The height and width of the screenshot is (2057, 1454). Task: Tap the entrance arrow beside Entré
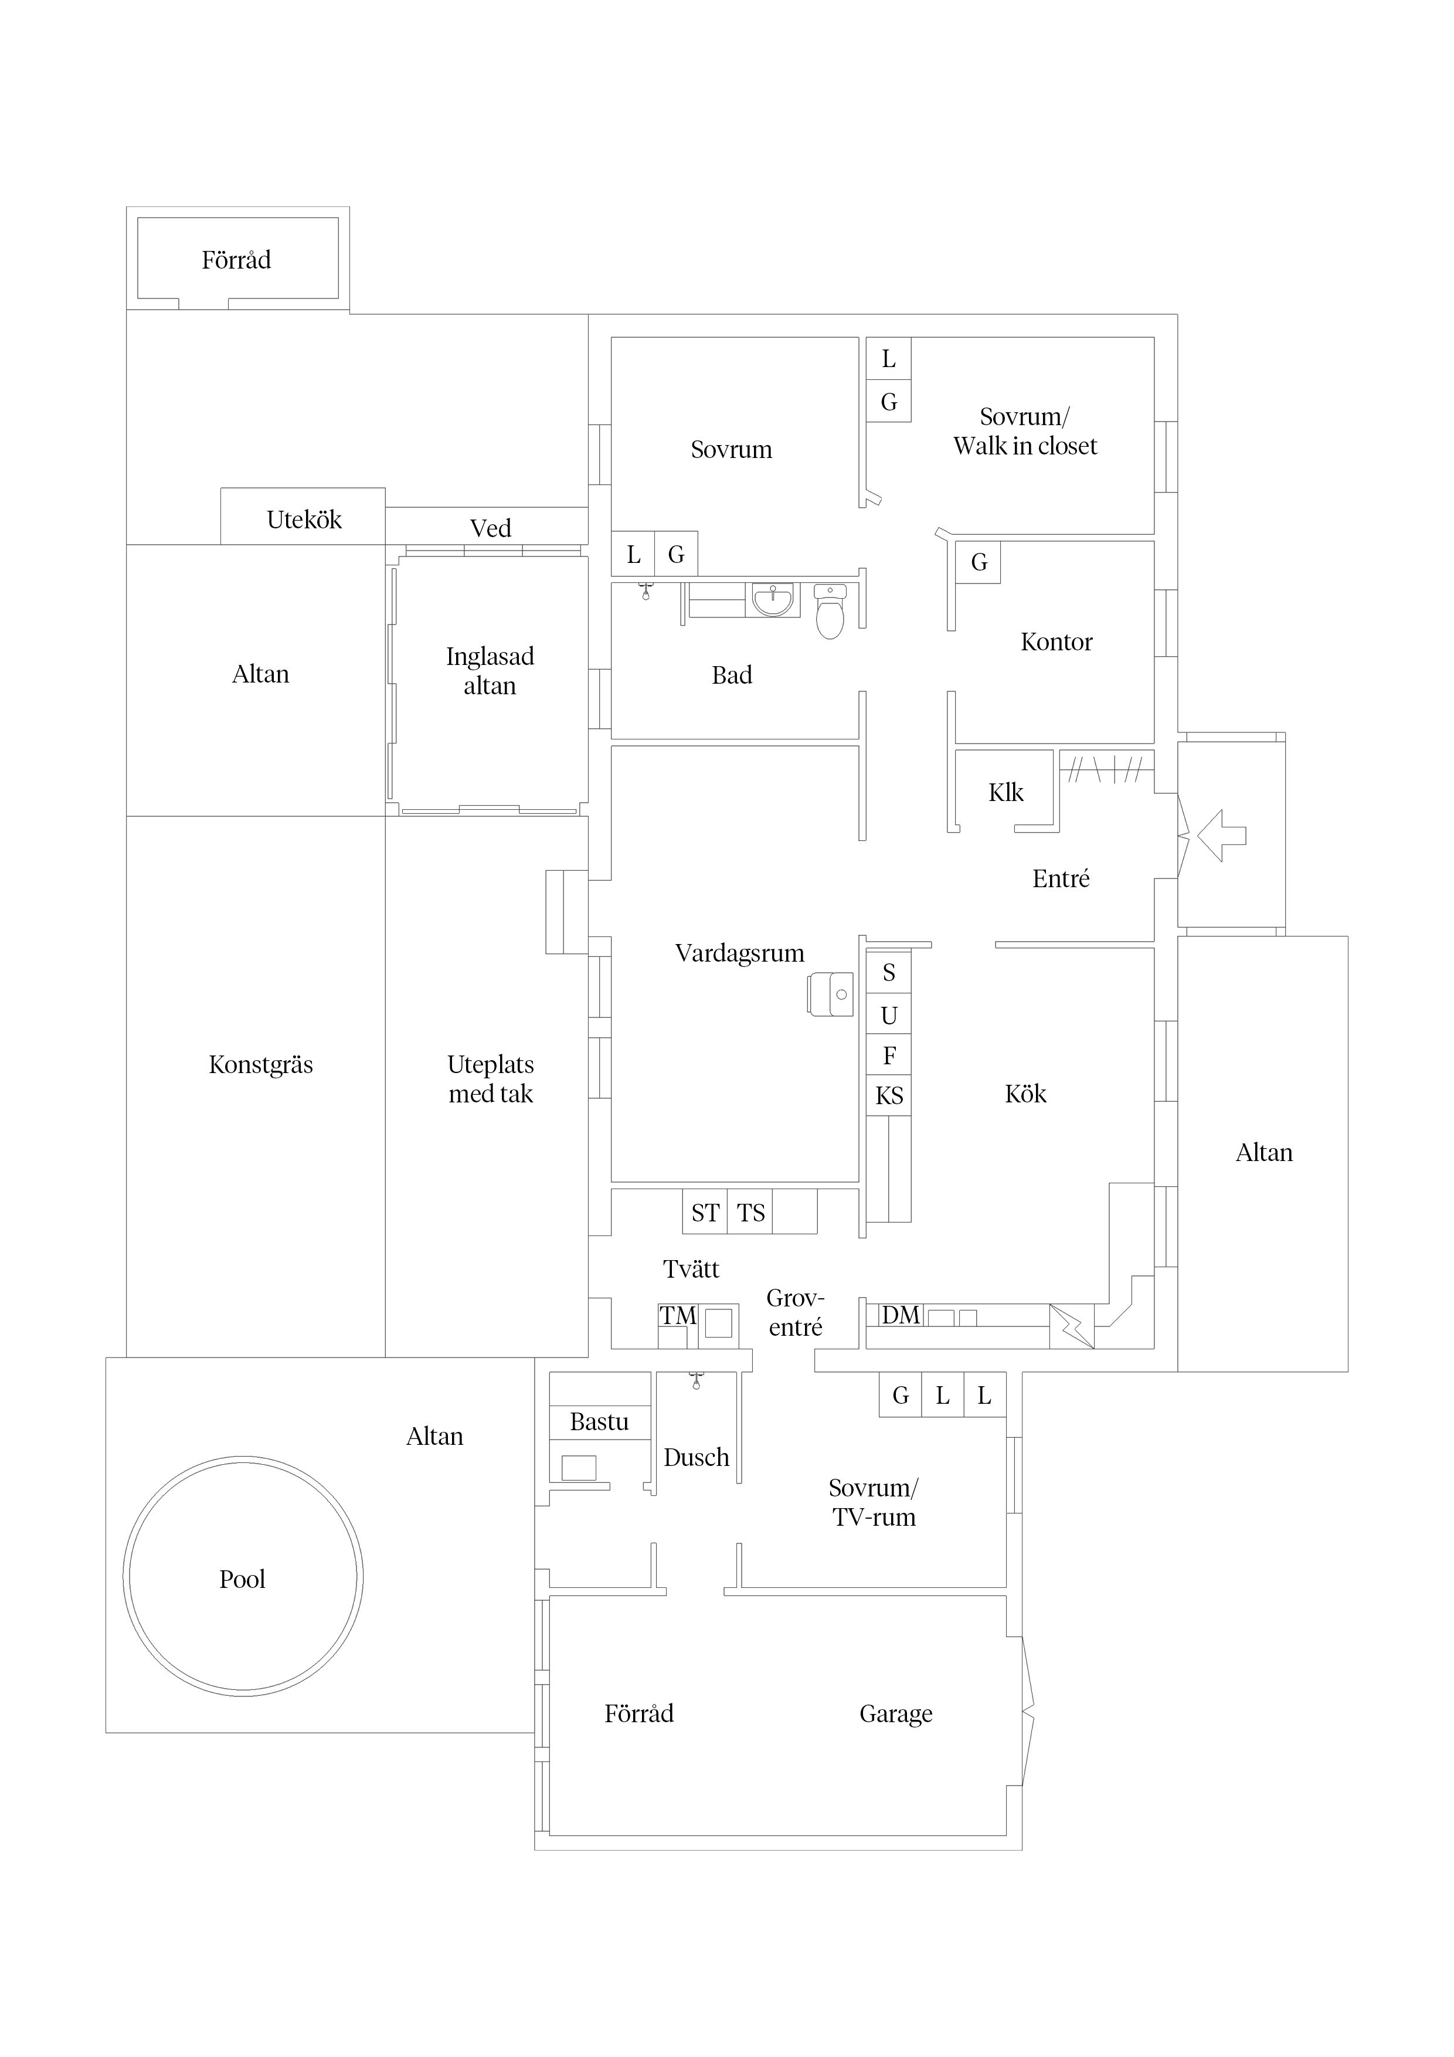click(1221, 836)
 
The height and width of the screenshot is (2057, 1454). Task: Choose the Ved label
click(490, 528)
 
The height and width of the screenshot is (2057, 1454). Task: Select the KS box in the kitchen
click(889, 1095)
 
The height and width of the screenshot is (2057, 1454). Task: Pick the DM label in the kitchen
click(901, 1315)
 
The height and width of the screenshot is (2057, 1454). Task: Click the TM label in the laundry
click(678, 1315)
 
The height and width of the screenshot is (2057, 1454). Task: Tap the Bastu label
click(599, 1422)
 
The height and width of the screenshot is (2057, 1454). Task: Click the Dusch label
click(696, 1458)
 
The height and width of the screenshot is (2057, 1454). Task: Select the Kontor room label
click(1056, 641)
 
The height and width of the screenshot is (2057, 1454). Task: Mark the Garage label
click(896, 1714)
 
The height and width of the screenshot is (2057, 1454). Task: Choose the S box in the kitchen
click(889, 972)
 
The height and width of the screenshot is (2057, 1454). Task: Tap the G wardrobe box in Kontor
click(979, 563)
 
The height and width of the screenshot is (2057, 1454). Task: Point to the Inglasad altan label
click(490, 671)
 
